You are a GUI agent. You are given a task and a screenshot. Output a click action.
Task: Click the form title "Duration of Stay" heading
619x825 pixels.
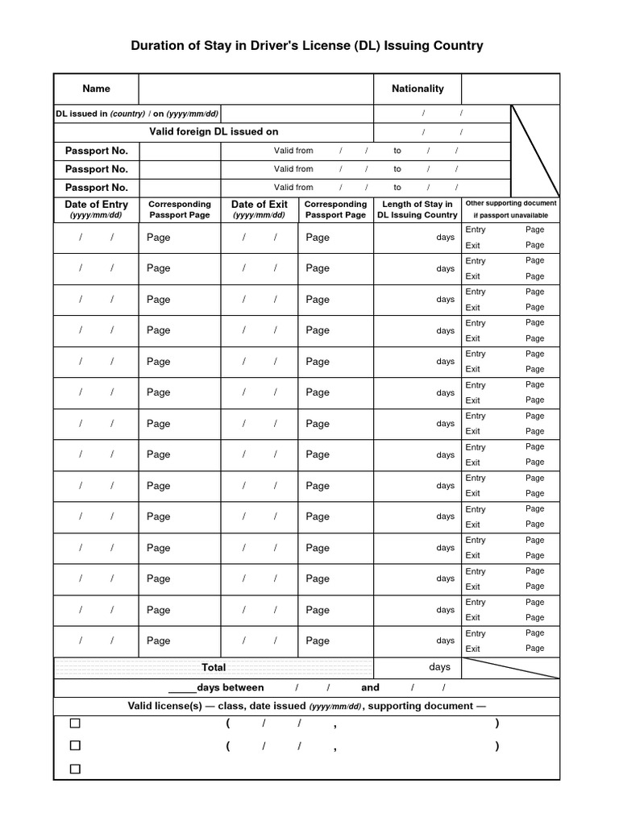pyautogui.click(x=307, y=46)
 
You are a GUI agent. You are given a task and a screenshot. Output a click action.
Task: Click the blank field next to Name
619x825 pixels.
pyautogui.click(x=255, y=89)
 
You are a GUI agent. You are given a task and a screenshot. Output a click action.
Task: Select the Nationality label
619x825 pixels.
pyautogui.click(x=417, y=89)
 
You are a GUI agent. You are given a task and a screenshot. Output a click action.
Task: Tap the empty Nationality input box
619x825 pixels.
pyautogui.click(x=510, y=89)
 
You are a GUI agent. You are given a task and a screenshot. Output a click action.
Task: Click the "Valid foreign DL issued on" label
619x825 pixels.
pyautogui.click(x=214, y=131)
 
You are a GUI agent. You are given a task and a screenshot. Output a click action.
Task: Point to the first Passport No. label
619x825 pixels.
pyautogui.click(x=96, y=151)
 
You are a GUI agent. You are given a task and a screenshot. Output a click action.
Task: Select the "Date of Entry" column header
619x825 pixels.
pyautogui.click(x=96, y=209)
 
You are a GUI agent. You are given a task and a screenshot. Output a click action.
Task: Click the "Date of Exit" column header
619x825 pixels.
pyautogui.click(x=259, y=209)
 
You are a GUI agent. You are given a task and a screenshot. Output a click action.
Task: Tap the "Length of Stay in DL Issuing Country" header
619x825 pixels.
pyautogui.click(x=417, y=209)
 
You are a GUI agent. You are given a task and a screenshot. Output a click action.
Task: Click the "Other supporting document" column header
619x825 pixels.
pyautogui.click(x=510, y=209)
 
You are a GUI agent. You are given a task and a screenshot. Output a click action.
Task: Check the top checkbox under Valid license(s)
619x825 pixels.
pyautogui.click(x=75, y=723)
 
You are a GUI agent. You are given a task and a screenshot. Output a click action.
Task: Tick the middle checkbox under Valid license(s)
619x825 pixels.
pyautogui.click(x=75, y=746)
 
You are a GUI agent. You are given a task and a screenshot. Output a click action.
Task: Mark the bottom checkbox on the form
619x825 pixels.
pyautogui.click(x=75, y=769)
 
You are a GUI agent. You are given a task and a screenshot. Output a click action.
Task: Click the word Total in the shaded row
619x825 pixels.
pyautogui.click(x=214, y=667)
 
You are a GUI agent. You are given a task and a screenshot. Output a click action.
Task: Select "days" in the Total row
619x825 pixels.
pyautogui.click(x=439, y=667)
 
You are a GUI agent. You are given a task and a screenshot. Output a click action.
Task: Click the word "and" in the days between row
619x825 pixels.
pyautogui.click(x=370, y=687)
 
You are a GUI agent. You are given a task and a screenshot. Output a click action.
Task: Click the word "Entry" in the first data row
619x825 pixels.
pyautogui.click(x=476, y=230)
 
